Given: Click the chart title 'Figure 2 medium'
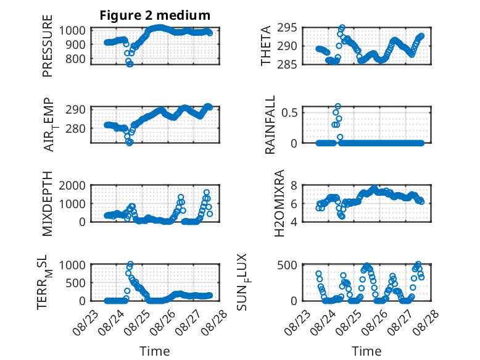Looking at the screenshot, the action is tap(155, 15).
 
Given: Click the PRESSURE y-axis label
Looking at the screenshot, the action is tap(48, 46).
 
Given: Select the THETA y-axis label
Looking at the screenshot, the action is tap(266, 46).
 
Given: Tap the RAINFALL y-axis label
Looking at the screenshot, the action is tap(270, 125).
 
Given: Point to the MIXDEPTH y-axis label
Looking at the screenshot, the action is tap(48, 204).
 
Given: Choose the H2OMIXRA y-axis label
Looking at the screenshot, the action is tap(279, 203).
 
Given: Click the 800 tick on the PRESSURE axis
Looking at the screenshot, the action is tap(75, 59).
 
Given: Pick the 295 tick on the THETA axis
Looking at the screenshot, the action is tap(287, 28).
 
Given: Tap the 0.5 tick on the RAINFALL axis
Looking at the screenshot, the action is tap(289, 112).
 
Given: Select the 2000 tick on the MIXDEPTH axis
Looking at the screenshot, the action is tap(72, 185).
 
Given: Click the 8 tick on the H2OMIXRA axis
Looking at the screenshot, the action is tap(294, 185).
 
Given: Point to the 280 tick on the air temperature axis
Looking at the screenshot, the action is tap(75, 128).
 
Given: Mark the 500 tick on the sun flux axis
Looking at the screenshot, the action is tap(287, 265).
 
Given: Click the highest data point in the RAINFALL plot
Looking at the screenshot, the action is tap(337, 106).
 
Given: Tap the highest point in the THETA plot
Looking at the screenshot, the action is tap(342, 27).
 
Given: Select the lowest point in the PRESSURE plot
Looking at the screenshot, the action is tap(130, 64).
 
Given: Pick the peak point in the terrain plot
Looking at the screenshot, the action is tap(130, 264).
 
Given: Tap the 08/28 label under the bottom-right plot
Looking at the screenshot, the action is tap(426, 323).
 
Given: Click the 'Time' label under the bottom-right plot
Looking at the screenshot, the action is tap(366, 351).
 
